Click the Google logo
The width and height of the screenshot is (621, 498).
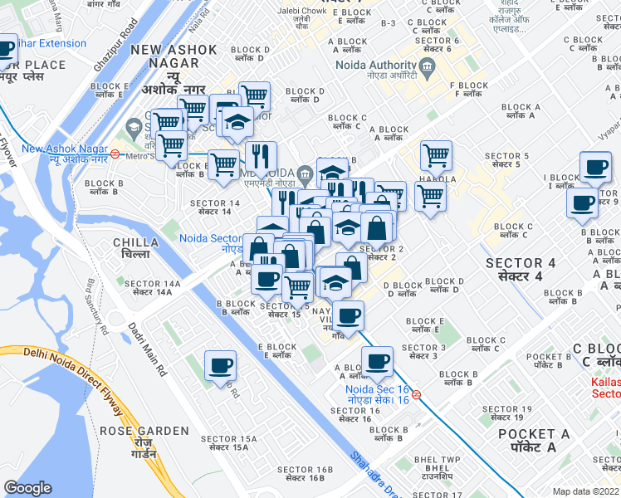click(27, 488)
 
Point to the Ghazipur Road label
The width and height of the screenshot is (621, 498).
click(115, 51)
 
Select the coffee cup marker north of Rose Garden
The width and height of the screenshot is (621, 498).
click(220, 366)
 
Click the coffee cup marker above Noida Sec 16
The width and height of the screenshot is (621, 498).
click(377, 361)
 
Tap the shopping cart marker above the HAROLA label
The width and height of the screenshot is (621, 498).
click(435, 155)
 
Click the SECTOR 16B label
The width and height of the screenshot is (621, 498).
click(304, 474)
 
